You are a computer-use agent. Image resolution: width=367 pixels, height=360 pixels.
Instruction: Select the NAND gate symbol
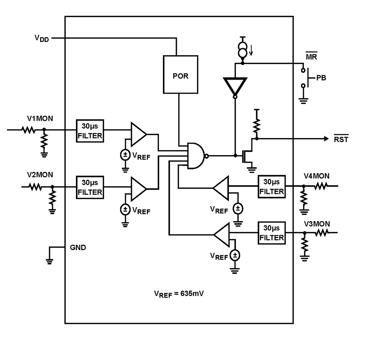click(196, 156)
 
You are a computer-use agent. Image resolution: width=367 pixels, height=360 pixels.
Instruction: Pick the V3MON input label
click(317, 223)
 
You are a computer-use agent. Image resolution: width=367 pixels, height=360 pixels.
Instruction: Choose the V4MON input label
click(317, 177)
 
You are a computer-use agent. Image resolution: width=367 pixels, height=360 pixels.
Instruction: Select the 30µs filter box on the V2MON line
click(90, 187)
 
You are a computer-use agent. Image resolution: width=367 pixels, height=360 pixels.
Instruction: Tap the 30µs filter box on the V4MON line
click(271, 187)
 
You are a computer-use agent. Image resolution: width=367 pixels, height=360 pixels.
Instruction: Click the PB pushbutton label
click(320, 78)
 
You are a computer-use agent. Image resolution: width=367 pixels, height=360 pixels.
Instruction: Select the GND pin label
click(78, 248)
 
